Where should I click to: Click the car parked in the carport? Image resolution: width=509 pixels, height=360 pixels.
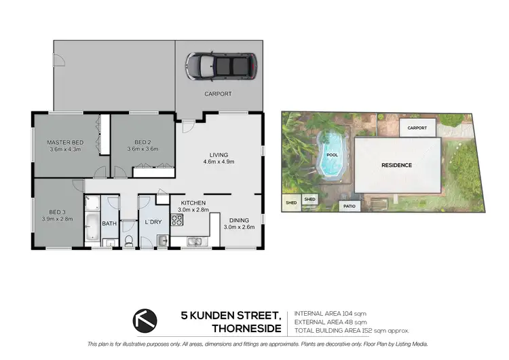pos(217,65)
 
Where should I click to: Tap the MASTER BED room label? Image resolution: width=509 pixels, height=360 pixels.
pos(64,142)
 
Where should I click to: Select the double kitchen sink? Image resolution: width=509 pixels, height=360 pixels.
pos(195,241)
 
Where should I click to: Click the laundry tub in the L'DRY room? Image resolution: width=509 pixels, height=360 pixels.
pos(163,240)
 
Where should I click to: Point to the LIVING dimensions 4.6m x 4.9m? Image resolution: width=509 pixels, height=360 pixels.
pos(219,162)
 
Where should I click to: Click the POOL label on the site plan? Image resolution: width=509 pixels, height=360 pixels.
pos(332,155)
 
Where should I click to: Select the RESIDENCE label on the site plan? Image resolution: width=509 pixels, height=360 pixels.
pos(396,165)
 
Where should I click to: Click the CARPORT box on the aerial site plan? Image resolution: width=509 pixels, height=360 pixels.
pos(417,128)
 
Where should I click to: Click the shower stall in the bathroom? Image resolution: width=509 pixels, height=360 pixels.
pos(92,203)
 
